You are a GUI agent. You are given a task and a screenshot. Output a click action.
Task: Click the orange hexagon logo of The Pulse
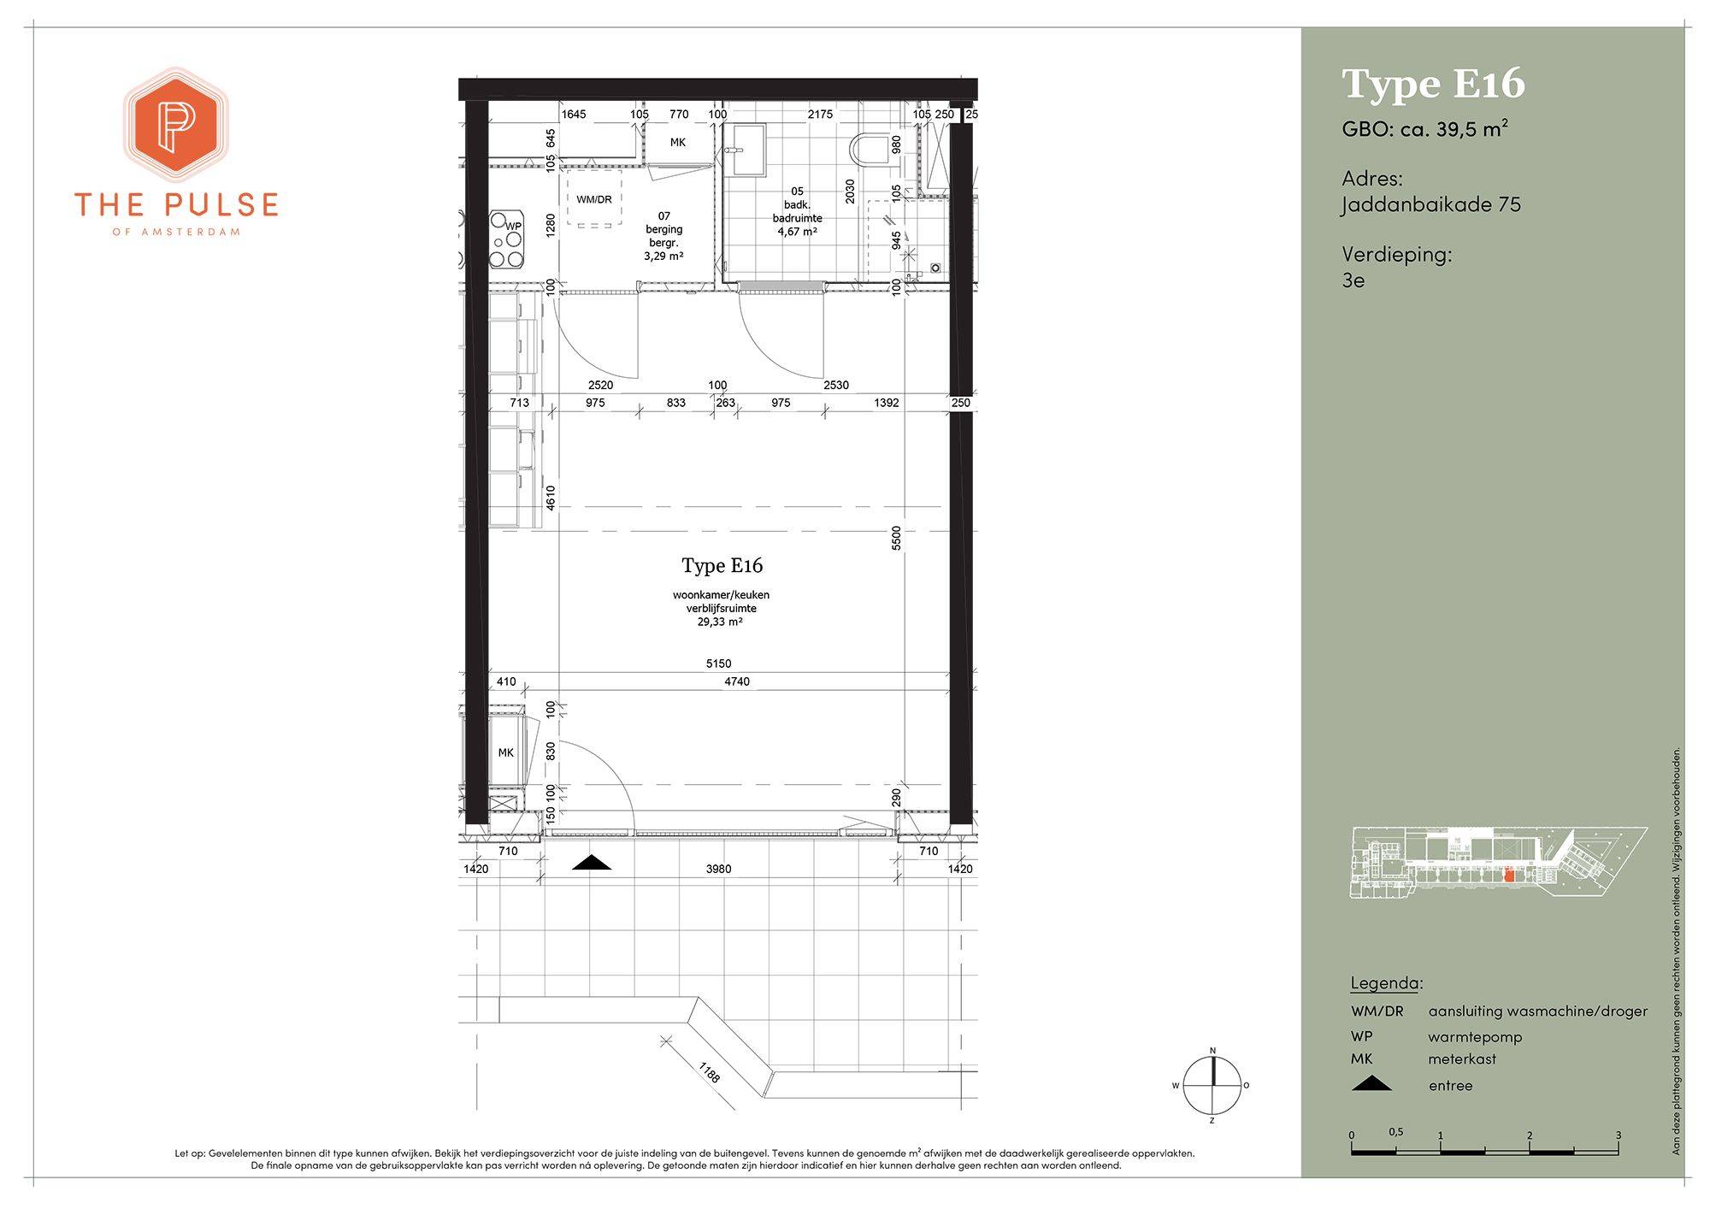(175, 125)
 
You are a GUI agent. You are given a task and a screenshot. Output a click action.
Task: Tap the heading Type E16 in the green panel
(1433, 84)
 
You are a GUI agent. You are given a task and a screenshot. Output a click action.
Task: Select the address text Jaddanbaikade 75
(1431, 205)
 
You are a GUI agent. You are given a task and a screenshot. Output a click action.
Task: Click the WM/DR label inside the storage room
(594, 200)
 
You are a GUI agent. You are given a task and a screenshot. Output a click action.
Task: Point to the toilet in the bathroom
(870, 150)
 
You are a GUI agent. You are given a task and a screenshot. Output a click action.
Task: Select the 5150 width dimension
(718, 663)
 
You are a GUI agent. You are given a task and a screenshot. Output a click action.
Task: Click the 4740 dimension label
(737, 681)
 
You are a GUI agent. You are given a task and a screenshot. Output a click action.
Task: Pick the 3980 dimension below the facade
(718, 869)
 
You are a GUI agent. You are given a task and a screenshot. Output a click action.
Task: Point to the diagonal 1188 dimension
(710, 1071)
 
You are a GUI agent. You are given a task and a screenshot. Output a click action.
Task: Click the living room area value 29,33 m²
(720, 622)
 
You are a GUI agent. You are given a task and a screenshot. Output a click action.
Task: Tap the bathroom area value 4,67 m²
(797, 231)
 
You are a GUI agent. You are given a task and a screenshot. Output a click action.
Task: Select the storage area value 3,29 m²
(663, 256)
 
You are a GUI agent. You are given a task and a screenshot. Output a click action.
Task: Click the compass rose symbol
(1212, 1086)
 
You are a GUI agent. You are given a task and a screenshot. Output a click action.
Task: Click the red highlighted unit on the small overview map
(1509, 876)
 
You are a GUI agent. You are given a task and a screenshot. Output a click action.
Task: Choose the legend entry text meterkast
(1462, 1059)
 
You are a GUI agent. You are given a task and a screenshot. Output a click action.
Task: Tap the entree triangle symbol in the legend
(1371, 1083)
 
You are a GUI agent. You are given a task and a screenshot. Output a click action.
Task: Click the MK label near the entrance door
(506, 752)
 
